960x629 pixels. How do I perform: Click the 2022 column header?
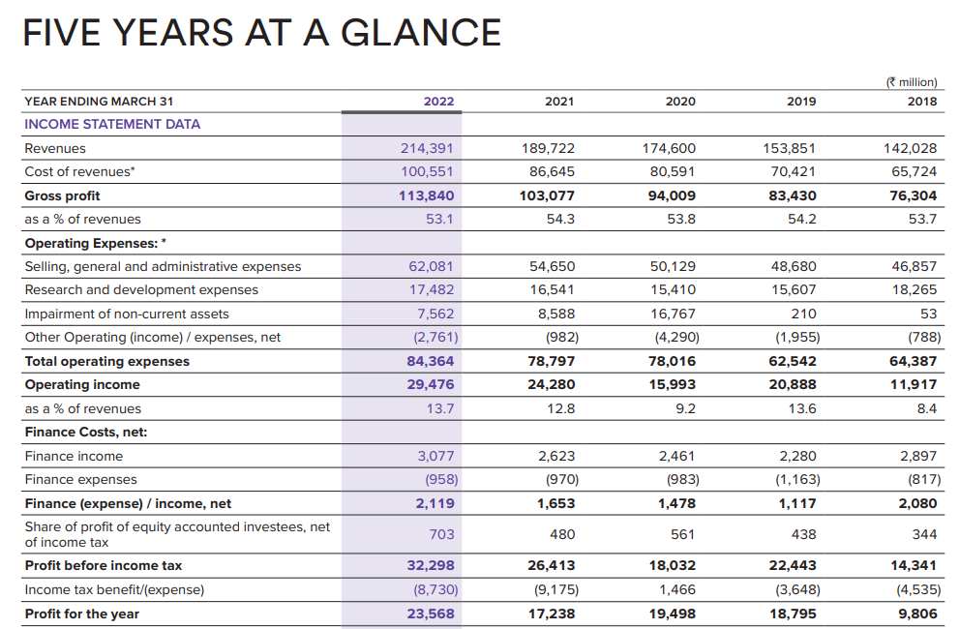438,101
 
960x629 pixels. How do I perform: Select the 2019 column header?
801,101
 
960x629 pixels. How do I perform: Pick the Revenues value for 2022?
427,148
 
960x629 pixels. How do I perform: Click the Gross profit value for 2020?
672,195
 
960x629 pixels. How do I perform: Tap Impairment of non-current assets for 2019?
802,314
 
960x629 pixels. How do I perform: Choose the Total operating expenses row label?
106,361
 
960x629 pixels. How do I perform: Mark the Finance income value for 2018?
919,456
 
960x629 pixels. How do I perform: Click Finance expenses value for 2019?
798,479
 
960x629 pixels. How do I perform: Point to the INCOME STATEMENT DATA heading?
112,124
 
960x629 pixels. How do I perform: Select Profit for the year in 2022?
431,614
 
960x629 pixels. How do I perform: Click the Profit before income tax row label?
103,565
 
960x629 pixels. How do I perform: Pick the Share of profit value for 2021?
562,534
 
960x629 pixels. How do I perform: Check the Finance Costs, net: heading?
85,432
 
